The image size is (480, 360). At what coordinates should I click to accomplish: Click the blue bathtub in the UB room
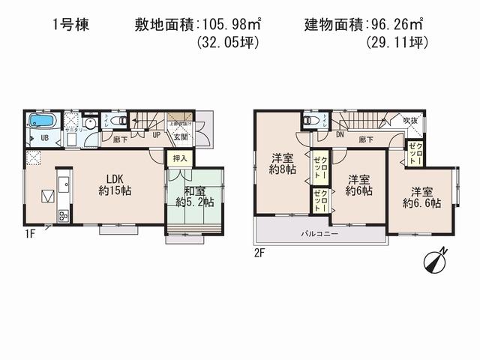coord(40,121)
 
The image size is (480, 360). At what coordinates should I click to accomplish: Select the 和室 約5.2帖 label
coord(194,195)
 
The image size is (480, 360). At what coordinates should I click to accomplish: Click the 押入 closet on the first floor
coord(178,158)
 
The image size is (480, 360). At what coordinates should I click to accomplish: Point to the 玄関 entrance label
coord(180,137)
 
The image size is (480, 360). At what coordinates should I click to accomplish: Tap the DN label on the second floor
coord(339,136)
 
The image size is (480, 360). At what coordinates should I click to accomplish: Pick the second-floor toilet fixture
coord(308,121)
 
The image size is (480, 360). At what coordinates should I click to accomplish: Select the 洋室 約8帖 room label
coord(283,163)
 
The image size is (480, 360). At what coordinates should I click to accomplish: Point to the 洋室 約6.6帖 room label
coord(421,196)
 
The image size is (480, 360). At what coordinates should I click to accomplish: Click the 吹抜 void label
coord(410,121)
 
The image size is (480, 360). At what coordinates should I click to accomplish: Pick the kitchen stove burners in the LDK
coord(61,216)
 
